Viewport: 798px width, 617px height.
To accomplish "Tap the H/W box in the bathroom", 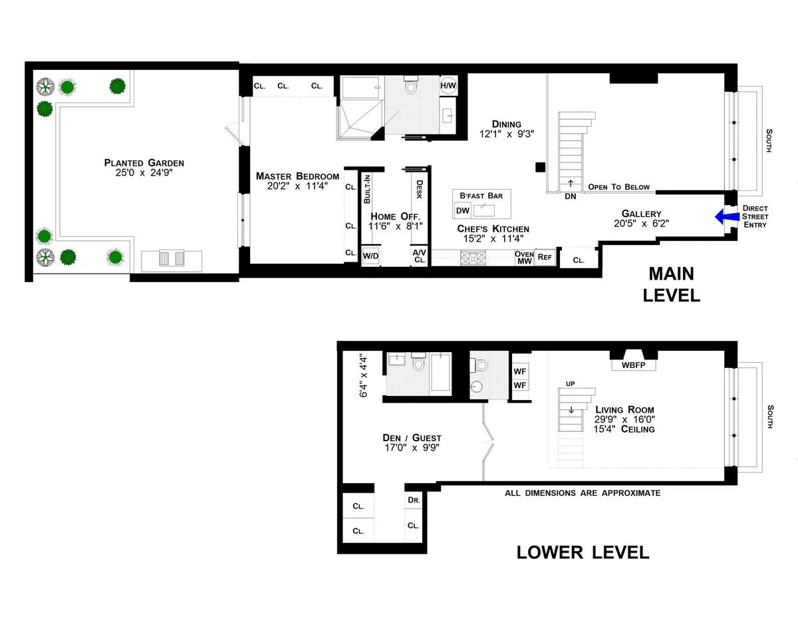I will point(448,85).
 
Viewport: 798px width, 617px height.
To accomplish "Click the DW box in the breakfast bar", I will point(462,211).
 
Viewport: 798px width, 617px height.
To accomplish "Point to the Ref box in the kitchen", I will point(545,256).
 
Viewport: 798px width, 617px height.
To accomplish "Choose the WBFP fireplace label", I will point(634,365).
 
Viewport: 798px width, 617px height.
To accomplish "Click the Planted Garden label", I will point(144,163).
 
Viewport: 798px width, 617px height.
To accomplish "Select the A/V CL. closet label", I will point(419,256).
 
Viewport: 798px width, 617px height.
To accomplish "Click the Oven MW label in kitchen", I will point(524,257).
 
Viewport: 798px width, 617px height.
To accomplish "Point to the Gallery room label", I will point(641,214).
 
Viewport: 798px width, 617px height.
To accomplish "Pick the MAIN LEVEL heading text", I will point(671,284).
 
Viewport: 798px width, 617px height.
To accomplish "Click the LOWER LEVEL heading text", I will point(583,552).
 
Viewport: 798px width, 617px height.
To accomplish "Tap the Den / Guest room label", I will point(412,437).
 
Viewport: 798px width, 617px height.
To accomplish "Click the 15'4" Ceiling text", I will point(624,429).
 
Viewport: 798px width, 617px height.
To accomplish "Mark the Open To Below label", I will point(618,187).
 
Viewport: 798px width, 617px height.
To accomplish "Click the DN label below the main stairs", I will point(570,196).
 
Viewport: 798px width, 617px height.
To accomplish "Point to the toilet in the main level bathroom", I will point(410,87).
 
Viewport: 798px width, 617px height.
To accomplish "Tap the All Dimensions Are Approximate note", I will point(583,493).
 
